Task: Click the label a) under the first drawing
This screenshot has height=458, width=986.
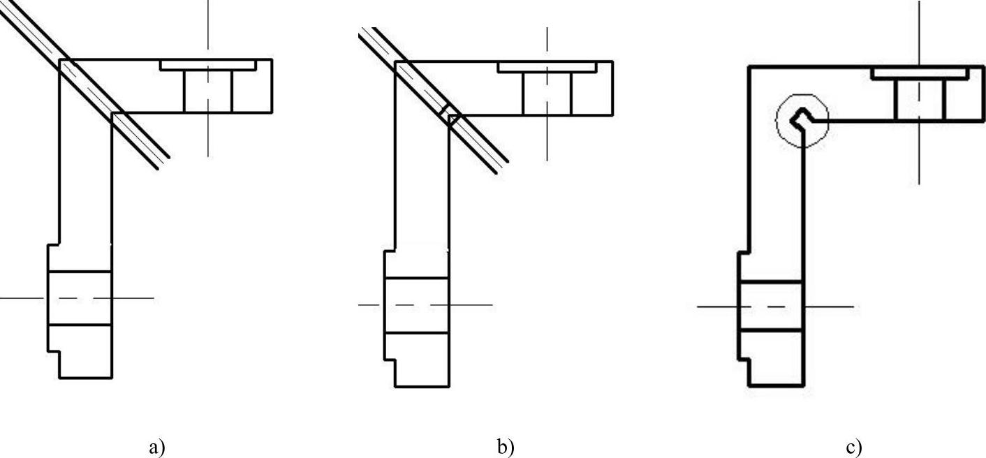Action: tap(158, 447)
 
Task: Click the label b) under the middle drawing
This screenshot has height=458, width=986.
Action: tap(504, 447)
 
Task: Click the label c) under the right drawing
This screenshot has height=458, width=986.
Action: tap(853, 447)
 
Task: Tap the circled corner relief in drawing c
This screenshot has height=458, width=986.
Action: tap(802, 119)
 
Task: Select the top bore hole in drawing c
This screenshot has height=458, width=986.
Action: tap(919, 99)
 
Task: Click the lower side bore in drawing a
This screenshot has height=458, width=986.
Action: tap(79, 298)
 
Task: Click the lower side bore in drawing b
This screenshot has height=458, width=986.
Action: tap(417, 305)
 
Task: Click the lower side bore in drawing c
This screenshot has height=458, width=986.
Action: tap(770, 306)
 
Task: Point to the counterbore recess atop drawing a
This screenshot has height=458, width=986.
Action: tap(207, 64)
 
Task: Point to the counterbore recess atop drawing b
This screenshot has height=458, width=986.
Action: tap(547, 66)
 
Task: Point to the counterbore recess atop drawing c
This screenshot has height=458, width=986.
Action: tap(919, 73)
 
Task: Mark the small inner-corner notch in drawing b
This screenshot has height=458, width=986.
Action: tap(450, 115)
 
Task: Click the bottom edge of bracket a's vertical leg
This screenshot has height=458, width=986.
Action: tap(85, 378)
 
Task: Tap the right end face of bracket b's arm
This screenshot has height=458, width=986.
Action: tap(613, 88)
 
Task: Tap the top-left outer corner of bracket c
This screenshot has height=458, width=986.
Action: tap(749, 67)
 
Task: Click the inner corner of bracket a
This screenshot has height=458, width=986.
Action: tap(112, 112)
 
